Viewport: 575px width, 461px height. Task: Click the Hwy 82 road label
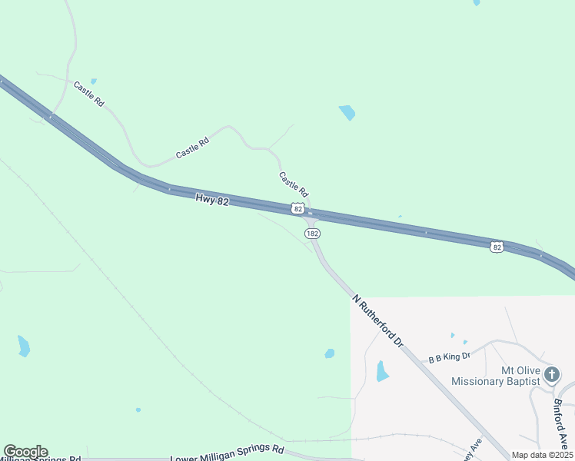[x=212, y=199]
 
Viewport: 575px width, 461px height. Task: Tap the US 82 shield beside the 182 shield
[x=297, y=208]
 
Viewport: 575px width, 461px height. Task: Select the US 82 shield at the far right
[x=497, y=247]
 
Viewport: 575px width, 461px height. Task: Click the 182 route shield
[x=311, y=233]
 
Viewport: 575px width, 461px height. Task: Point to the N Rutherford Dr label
[x=377, y=319]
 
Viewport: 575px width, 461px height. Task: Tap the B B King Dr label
[x=449, y=357]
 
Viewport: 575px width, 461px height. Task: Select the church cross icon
[x=551, y=375]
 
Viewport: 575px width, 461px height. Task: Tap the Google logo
[x=25, y=452]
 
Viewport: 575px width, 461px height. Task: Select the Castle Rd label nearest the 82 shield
[x=293, y=184]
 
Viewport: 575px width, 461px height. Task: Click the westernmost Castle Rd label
[x=88, y=93]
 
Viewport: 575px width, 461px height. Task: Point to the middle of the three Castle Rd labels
[x=192, y=148]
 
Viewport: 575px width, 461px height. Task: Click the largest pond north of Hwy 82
[x=347, y=112]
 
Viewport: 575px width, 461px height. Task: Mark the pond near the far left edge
[x=24, y=346]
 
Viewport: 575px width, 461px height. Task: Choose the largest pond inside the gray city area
[x=381, y=372]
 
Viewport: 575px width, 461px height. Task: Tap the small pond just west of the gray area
[x=330, y=353]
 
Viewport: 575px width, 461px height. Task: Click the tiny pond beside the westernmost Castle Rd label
[x=94, y=81]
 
